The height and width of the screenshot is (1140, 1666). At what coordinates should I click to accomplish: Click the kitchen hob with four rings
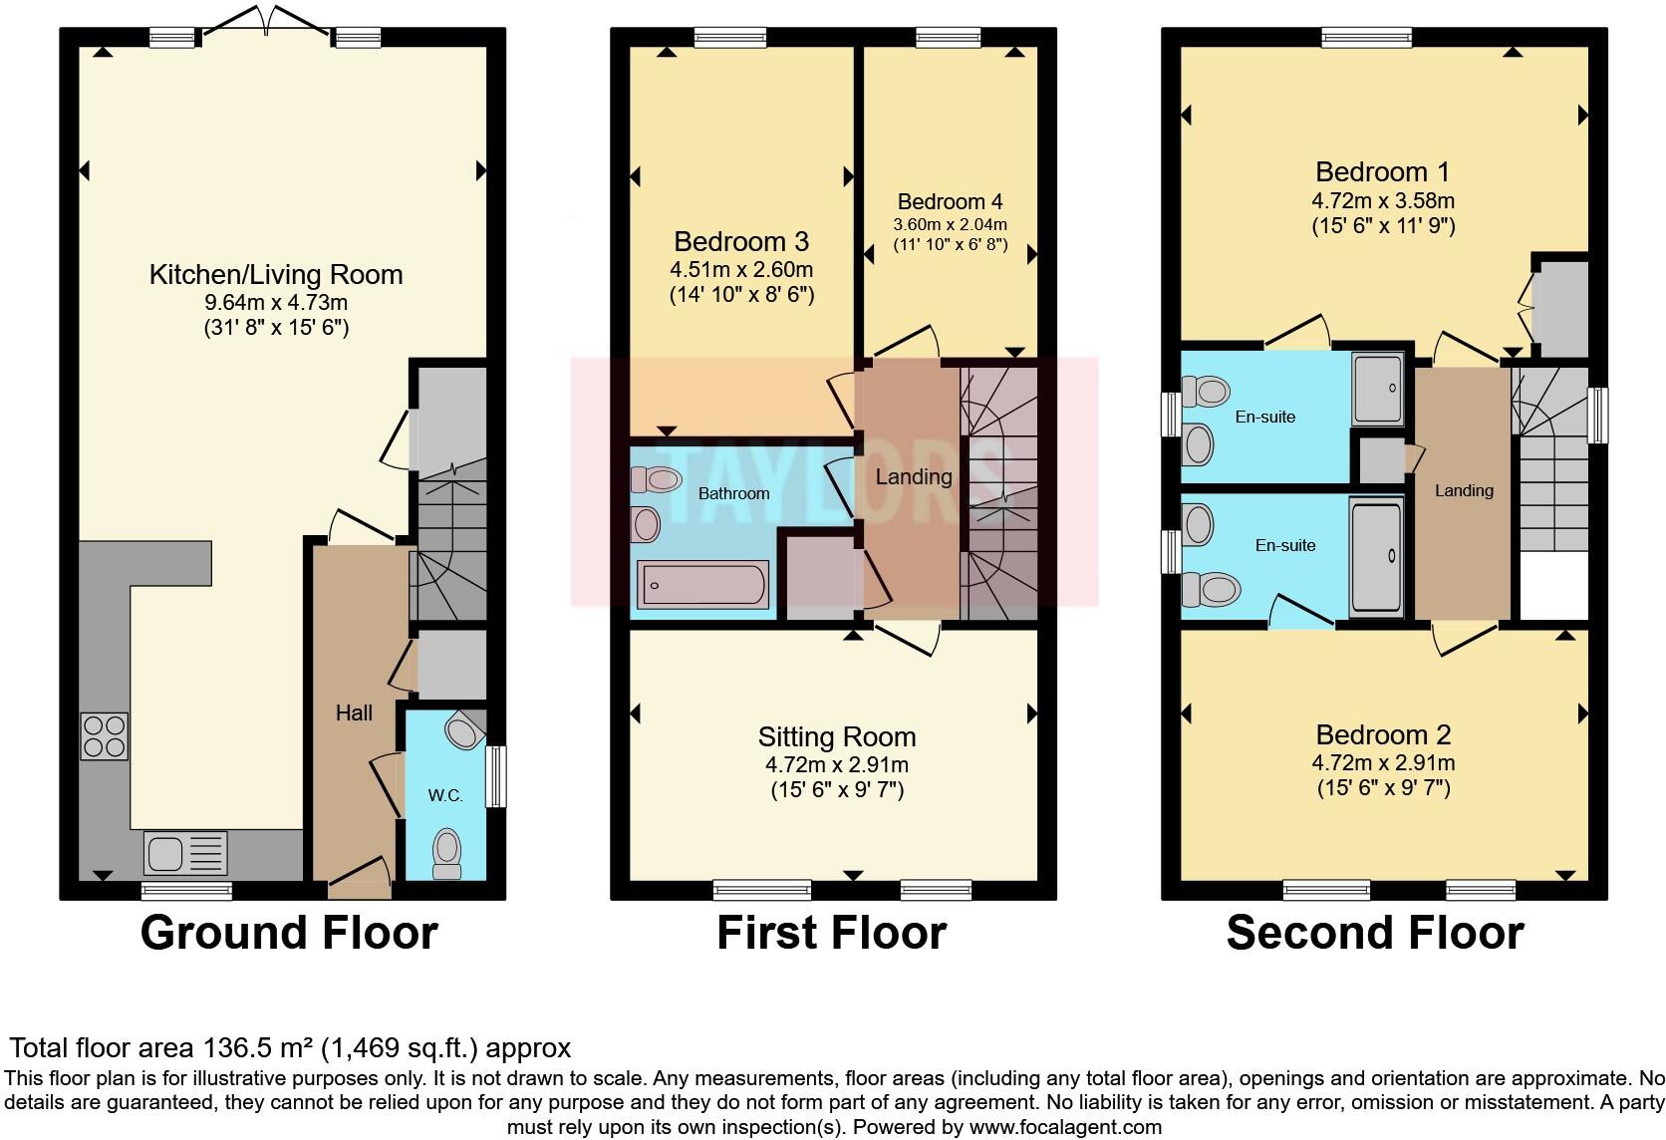tap(104, 736)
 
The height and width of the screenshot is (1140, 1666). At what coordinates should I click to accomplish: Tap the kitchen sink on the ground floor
tap(186, 853)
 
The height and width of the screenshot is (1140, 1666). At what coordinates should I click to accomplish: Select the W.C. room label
tap(445, 795)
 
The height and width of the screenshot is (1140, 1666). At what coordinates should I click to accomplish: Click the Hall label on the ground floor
tap(354, 713)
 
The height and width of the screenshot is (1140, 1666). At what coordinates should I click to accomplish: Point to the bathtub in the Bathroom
tap(702, 585)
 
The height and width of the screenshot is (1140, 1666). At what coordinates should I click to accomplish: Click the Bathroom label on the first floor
tap(733, 494)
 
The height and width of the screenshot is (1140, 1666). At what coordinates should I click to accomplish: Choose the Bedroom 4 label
tap(950, 201)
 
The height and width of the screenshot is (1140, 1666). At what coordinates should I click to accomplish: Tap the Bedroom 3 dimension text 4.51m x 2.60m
tap(741, 269)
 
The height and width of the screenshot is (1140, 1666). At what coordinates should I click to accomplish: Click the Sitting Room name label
tap(837, 737)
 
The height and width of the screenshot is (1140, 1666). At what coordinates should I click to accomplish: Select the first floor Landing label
tap(914, 476)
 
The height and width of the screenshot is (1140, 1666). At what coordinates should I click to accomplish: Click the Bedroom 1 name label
tap(1383, 171)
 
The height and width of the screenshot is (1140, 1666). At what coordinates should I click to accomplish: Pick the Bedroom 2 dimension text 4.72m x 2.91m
tap(1383, 762)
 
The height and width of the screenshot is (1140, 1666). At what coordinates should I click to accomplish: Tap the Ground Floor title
tap(289, 933)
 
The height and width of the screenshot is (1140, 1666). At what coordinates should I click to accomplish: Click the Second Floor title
tap(1375, 933)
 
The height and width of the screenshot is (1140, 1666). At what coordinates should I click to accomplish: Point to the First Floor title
tap(832, 933)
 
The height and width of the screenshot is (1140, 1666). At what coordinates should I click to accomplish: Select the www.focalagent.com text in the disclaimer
tap(1065, 1127)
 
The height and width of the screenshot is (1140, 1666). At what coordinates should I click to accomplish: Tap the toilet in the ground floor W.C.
tap(447, 854)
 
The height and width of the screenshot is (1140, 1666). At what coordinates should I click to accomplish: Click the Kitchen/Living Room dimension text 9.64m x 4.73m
tap(276, 303)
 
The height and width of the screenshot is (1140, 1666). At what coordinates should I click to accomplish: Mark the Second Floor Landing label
tap(1464, 491)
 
